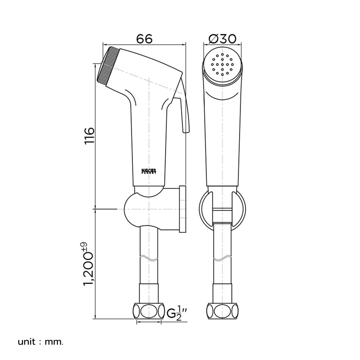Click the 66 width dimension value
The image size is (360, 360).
tap(144, 39)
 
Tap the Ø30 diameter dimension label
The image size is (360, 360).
tap(222, 39)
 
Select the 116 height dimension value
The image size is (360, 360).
tap(89, 136)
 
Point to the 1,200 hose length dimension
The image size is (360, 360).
tap(89, 268)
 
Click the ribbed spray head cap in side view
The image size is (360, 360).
tap(107, 66)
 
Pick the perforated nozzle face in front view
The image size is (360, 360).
tap(222, 64)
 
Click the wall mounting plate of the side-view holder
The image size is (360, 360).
tap(182, 209)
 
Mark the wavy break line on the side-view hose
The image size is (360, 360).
tap(148, 258)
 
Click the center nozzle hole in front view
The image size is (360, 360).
tap(222, 64)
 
